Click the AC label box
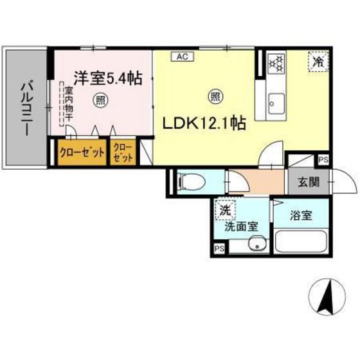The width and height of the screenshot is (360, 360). click(182, 57)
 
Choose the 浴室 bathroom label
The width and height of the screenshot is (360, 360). click(300, 216)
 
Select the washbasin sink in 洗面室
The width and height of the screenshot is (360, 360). click(256, 245)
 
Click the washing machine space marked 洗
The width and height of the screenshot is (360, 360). click(225, 209)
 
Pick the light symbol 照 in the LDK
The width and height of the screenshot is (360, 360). click(214, 96)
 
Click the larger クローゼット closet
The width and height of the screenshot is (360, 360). click(78, 154)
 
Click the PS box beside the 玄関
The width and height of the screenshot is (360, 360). click(323, 161)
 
